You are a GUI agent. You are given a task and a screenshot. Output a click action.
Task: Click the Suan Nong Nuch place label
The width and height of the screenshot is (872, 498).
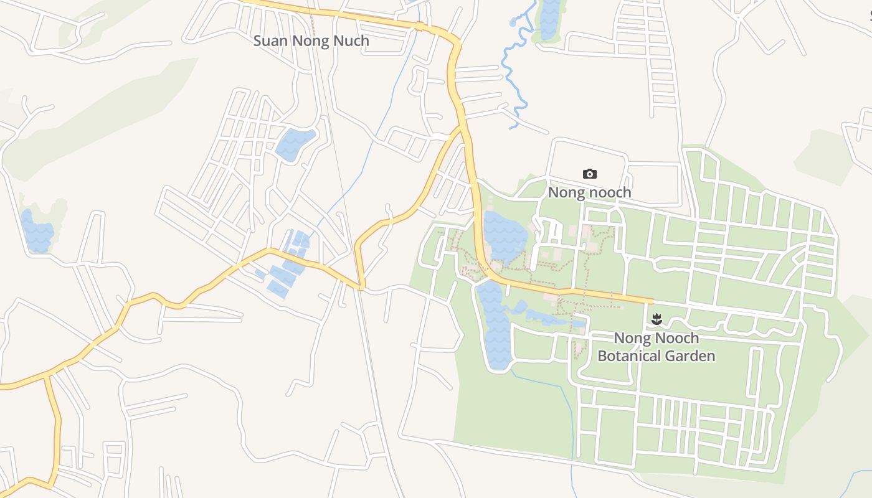click(311, 41)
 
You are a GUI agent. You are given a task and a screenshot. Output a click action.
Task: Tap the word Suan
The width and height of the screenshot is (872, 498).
click(268, 41)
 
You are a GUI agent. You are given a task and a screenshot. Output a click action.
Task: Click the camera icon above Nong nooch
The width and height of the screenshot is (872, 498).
click(589, 174)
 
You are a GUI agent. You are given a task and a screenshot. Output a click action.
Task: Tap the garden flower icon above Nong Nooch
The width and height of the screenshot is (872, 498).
click(656, 320)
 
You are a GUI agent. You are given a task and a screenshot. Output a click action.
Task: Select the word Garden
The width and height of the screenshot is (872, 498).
click(691, 356)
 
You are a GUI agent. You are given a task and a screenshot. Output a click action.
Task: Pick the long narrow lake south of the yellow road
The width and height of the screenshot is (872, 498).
click(496, 327)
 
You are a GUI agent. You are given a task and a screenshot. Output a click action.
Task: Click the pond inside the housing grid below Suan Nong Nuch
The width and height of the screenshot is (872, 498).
click(294, 145)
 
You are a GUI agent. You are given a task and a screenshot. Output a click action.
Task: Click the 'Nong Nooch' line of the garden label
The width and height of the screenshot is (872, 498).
click(656, 338)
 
